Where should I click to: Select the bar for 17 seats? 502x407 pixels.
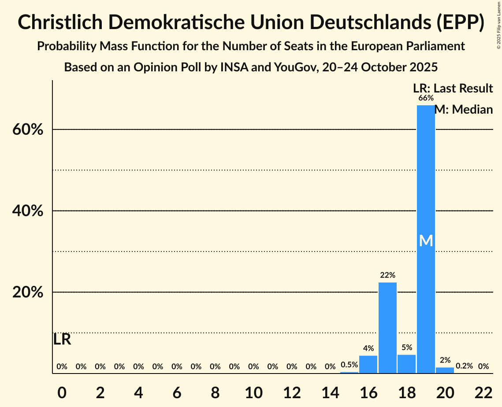(387, 328)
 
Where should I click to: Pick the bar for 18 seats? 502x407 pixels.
(406, 364)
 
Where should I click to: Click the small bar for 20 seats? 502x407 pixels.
(445, 370)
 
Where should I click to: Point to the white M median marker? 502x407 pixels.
(426, 240)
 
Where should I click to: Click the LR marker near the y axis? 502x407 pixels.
(62, 340)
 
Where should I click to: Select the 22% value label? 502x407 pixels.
(387, 275)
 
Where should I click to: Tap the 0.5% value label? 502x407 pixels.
(349, 365)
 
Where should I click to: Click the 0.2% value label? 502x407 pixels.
(464, 366)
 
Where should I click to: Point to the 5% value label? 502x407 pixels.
(406, 348)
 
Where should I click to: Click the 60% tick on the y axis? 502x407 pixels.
(28, 130)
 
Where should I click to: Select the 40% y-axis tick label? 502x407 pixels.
(28, 211)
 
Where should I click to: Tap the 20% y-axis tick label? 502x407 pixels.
(28, 292)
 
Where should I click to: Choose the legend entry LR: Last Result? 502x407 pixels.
(453, 89)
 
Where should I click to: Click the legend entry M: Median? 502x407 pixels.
(463, 110)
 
